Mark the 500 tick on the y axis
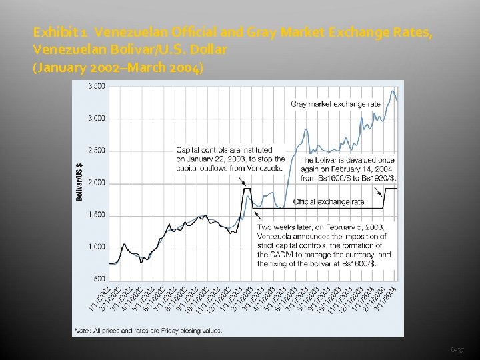coord(98,279)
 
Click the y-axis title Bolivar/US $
coord(80,182)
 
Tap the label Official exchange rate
coord(329,201)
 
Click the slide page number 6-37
coord(457,349)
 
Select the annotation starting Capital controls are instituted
coord(231,159)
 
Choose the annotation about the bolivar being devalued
coord(348,169)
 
